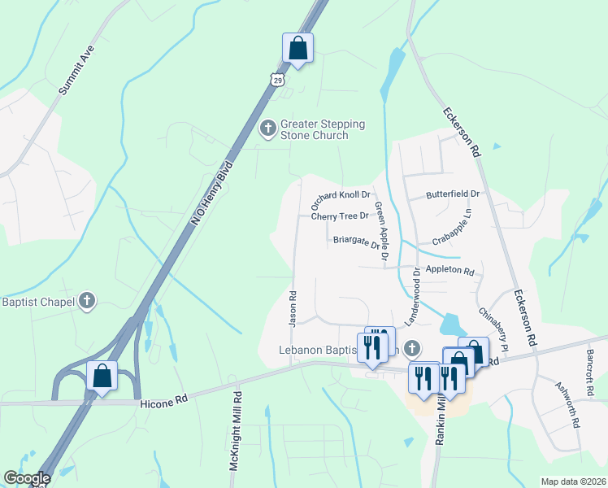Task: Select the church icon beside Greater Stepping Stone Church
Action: point(267,129)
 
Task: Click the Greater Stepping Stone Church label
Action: point(323,129)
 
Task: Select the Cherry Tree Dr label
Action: point(340,216)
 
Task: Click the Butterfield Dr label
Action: point(454,194)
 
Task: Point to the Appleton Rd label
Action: point(449,270)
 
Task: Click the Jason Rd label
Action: point(292,307)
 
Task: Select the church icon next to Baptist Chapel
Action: point(88,302)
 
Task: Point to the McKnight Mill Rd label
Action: point(236,432)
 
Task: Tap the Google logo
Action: point(26,478)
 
